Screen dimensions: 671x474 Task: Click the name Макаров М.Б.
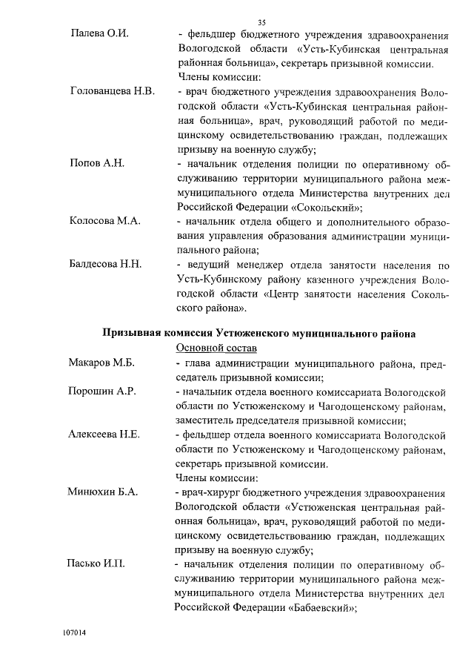click(x=103, y=363)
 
